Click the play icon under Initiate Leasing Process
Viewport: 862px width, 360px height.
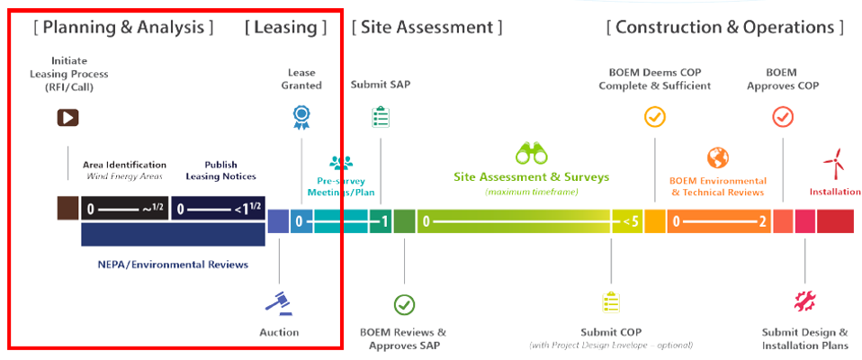pyautogui.click(x=67, y=117)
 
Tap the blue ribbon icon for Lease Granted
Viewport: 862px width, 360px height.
pyautogui.click(x=301, y=116)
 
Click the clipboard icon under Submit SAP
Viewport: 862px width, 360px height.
pyautogui.click(x=380, y=117)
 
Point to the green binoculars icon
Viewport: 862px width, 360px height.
pyautogui.click(x=531, y=152)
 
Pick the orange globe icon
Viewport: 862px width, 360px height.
pyautogui.click(x=717, y=158)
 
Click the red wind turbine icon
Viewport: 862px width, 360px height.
pyautogui.click(x=833, y=163)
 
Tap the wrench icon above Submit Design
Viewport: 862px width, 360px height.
pyautogui.click(x=804, y=301)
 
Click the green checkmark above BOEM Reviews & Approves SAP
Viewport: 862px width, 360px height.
pyautogui.click(x=405, y=304)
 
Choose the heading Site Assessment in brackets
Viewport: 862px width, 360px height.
pyautogui.click(x=427, y=27)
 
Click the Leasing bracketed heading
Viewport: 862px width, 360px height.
pyautogui.click(x=285, y=27)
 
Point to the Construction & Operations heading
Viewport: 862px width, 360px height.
pyautogui.click(x=725, y=27)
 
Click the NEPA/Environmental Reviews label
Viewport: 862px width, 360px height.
pyautogui.click(x=173, y=265)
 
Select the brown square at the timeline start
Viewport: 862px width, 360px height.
pyautogui.click(x=67, y=209)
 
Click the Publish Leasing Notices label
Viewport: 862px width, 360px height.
pyautogui.click(x=220, y=170)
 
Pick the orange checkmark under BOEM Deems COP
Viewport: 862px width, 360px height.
pyautogui.click(x=654, y=117)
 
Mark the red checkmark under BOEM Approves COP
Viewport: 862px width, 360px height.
pyautogui.click(x=782, y=117)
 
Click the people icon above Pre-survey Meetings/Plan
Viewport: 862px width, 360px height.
pyautogui.click(x=341, y=163)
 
